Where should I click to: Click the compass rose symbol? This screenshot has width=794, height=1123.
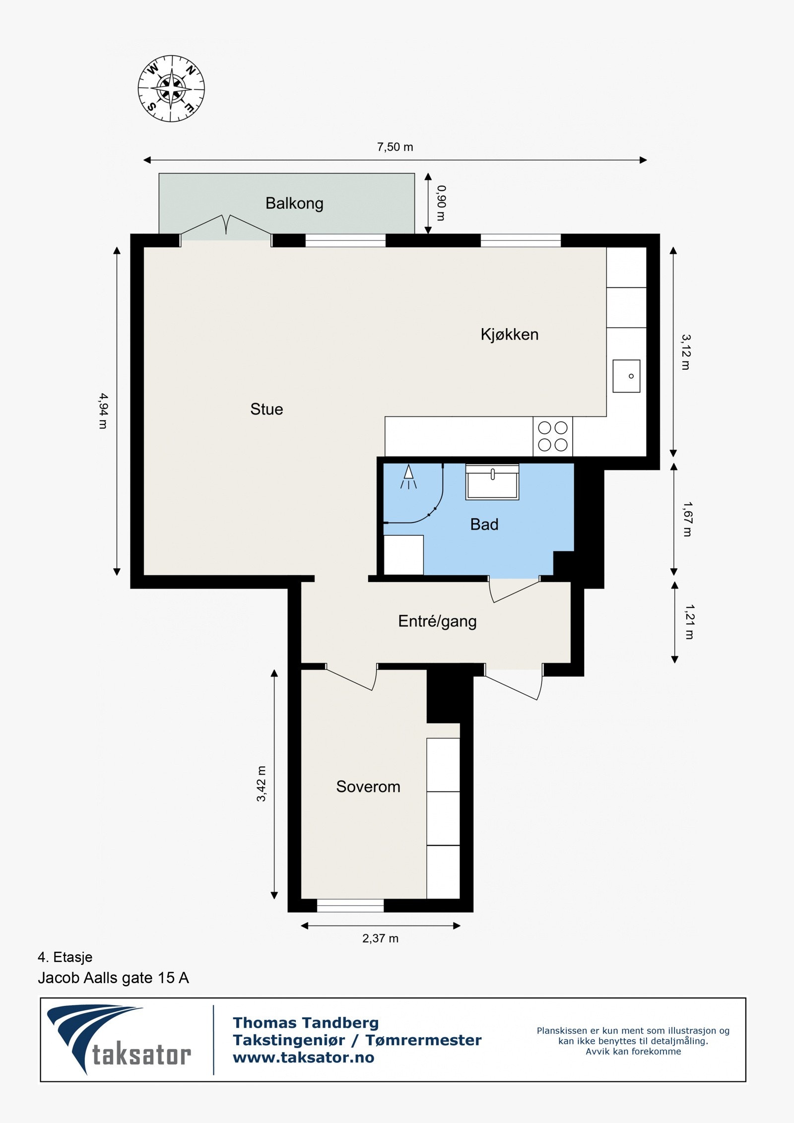(171, 89)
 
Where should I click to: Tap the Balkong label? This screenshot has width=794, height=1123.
(294, 203)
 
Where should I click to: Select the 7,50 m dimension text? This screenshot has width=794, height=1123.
(395, 147)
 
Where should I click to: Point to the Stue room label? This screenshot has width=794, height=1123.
(266, 409)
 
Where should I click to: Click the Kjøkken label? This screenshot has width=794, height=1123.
(510, 334)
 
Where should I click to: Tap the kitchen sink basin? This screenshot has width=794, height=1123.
(626, 376)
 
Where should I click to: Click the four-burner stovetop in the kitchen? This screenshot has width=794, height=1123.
(553, 436)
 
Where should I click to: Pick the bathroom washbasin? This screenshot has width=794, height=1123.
(492, 482)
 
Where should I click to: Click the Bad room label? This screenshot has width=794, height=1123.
(484, 525)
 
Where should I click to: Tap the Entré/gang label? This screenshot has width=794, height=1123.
(437, 621)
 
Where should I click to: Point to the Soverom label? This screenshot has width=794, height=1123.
(368, 787)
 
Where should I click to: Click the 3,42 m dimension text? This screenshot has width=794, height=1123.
(261, 784)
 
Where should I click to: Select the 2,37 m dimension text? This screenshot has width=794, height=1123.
(380, 938)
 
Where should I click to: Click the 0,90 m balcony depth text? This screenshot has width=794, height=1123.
(441, 203)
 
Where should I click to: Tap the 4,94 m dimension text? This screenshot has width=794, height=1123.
(103, 411)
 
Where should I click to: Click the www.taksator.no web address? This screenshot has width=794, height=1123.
(304, 1057)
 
